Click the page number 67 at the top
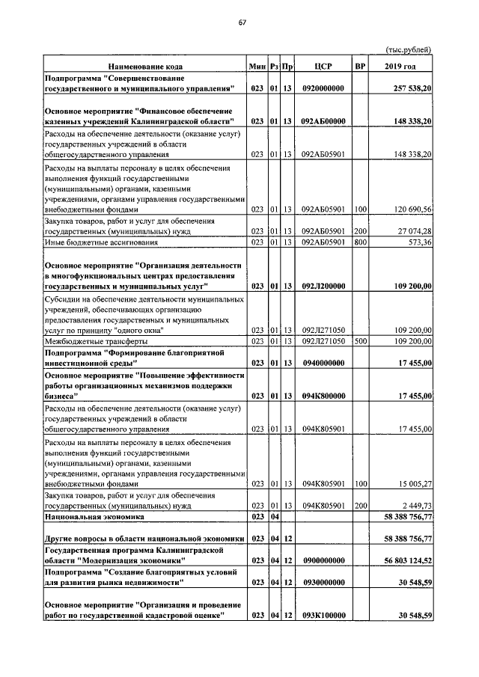point(242,22)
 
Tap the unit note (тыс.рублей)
point(408,49)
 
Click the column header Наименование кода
point(144,67)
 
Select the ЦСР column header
point(323,67)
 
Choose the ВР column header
point(361,67)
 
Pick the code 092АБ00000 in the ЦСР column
point(323,120)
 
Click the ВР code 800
point(360,242)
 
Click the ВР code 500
point(360,340)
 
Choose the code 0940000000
point(323,363)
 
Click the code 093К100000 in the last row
point(323,615)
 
